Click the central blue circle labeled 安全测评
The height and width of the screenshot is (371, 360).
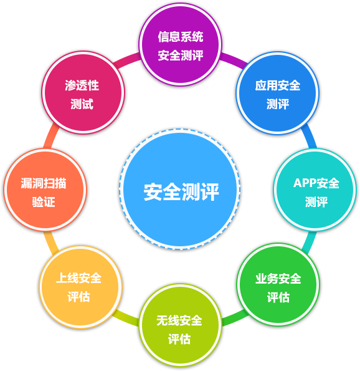pos(180,190)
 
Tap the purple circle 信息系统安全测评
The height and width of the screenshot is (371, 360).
pos(180,44)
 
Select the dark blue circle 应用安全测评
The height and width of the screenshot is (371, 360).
pos(278,93)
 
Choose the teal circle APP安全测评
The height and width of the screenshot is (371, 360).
pos(315,190)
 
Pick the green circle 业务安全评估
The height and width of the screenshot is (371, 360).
pos(278,284)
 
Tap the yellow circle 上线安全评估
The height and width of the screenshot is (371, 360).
pos(80,287)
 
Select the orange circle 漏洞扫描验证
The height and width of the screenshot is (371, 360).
pos(45,190)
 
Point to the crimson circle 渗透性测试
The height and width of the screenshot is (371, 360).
pos(83,92)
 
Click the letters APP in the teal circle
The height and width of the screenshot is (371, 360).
pos(305,183)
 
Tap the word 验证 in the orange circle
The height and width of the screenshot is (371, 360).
pos(44,202)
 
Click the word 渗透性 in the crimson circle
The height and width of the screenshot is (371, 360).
pos(82,85)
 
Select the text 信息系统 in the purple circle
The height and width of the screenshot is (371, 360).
pos(181,37)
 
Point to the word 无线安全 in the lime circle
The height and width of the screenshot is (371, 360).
pos(179,320)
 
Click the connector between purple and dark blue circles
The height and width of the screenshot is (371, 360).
pos(234,60)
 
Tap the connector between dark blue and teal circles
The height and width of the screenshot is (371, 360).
pos(309,137)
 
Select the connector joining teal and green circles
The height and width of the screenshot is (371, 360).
pos(309,243)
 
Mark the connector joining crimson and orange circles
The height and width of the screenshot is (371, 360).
pos(52,136)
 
